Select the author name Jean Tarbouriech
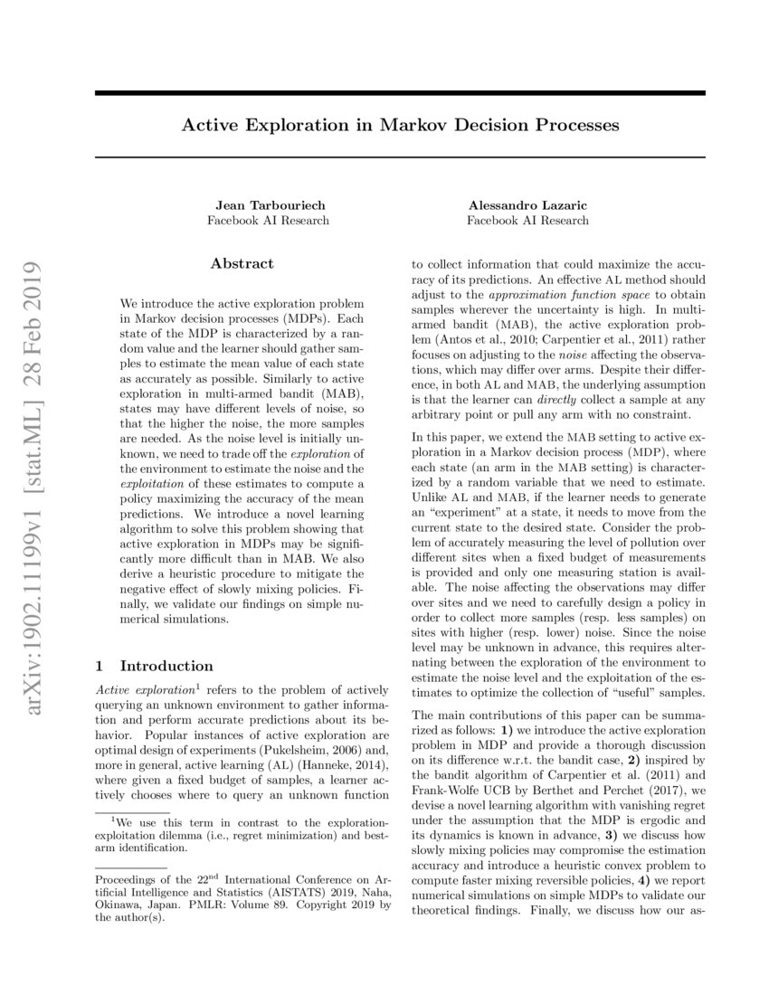268,204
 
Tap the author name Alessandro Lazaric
527,204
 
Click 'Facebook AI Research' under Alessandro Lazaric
527,220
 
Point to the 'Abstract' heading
242,263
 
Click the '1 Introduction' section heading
155,666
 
